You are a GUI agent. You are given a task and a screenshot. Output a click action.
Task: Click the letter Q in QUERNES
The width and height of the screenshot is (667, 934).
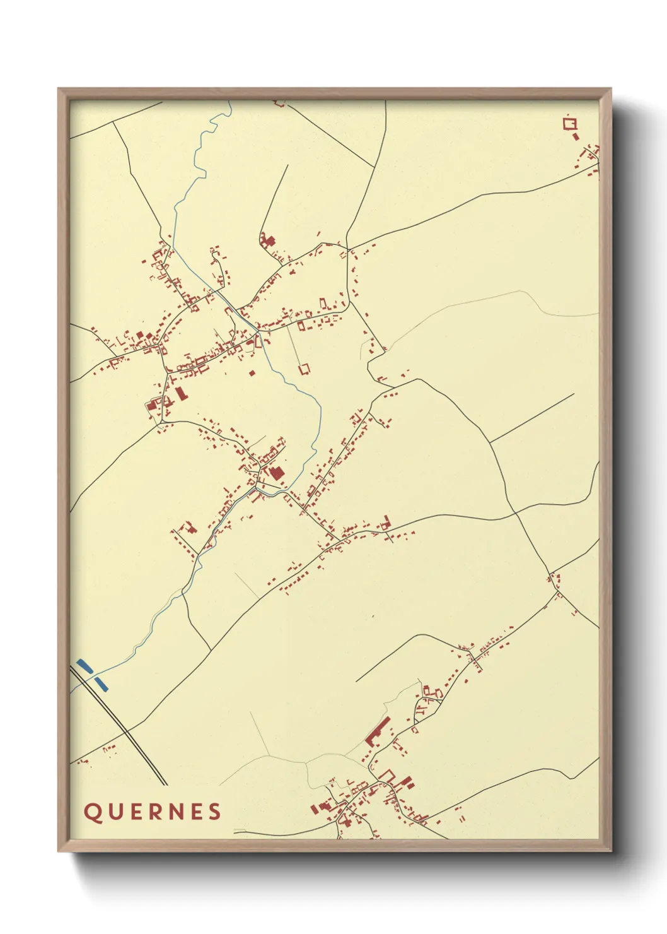(x=93, y=812)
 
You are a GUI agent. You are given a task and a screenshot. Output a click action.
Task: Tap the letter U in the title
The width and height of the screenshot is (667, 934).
(x=115, y=812)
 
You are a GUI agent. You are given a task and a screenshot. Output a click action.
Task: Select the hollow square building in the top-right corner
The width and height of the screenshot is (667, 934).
(x=570, y=123)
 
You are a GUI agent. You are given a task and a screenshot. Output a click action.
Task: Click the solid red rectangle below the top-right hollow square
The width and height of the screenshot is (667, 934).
(x=576, y=136)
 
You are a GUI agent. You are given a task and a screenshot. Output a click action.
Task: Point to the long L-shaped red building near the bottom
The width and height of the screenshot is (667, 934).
(x=376, y=732)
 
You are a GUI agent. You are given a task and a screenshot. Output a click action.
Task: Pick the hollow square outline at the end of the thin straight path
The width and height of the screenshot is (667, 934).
(x=304, y=367)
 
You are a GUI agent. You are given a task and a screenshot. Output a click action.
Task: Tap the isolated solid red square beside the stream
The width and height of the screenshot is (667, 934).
(x=252, y=373)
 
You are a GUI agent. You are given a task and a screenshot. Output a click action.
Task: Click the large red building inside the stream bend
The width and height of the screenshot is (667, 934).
(x=275, y=473)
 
